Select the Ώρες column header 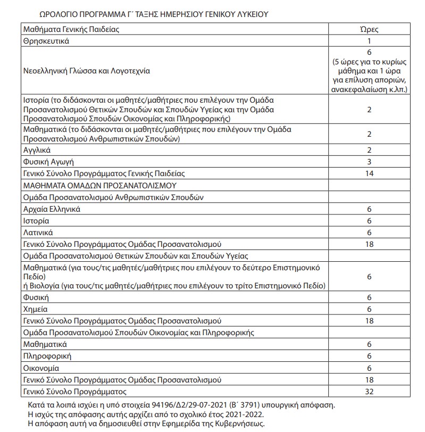(370, 30)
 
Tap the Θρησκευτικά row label (47, 40)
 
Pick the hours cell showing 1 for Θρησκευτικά (370, 40)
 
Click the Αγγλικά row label (37, 151)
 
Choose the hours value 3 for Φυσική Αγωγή (370, 162)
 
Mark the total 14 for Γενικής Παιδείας (370, 173)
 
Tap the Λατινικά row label (38, 232)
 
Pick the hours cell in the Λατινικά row (370, 232)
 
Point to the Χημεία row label (36, 309)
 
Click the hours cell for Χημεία (370, 309)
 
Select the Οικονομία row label (41, 368)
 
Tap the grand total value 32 (370, 392)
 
